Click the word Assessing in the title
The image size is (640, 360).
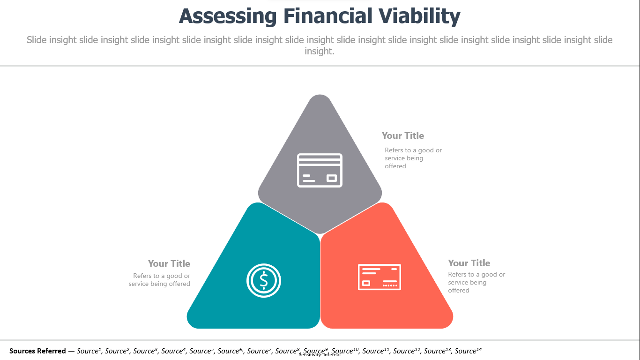coord(228,16)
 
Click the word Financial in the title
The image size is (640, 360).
coord(327,16)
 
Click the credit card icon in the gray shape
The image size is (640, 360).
coord(320,171)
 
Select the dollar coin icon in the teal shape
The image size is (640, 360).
coord(264,280)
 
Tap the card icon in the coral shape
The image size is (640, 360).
coord(380,277)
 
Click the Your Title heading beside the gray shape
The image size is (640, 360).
coord(403,135)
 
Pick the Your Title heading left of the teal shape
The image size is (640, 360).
coord(169,263)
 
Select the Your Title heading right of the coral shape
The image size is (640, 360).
coord(469,263)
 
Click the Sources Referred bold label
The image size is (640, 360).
coord(37,351)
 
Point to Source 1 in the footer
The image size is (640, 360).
coord(89,351)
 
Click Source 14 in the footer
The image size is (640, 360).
coord(468,351)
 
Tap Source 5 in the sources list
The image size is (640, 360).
coord(201,351)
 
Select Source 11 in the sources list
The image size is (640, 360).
coord(376,351)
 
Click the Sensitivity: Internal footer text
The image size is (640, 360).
coord(320,355)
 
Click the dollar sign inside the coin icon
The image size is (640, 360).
coord(264,280)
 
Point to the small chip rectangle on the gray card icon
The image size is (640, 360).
coord(331,178)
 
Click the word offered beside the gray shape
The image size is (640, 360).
coord(395,166)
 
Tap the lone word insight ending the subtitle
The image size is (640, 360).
coord(319,51)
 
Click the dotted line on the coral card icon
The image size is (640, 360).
coord(390,285)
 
